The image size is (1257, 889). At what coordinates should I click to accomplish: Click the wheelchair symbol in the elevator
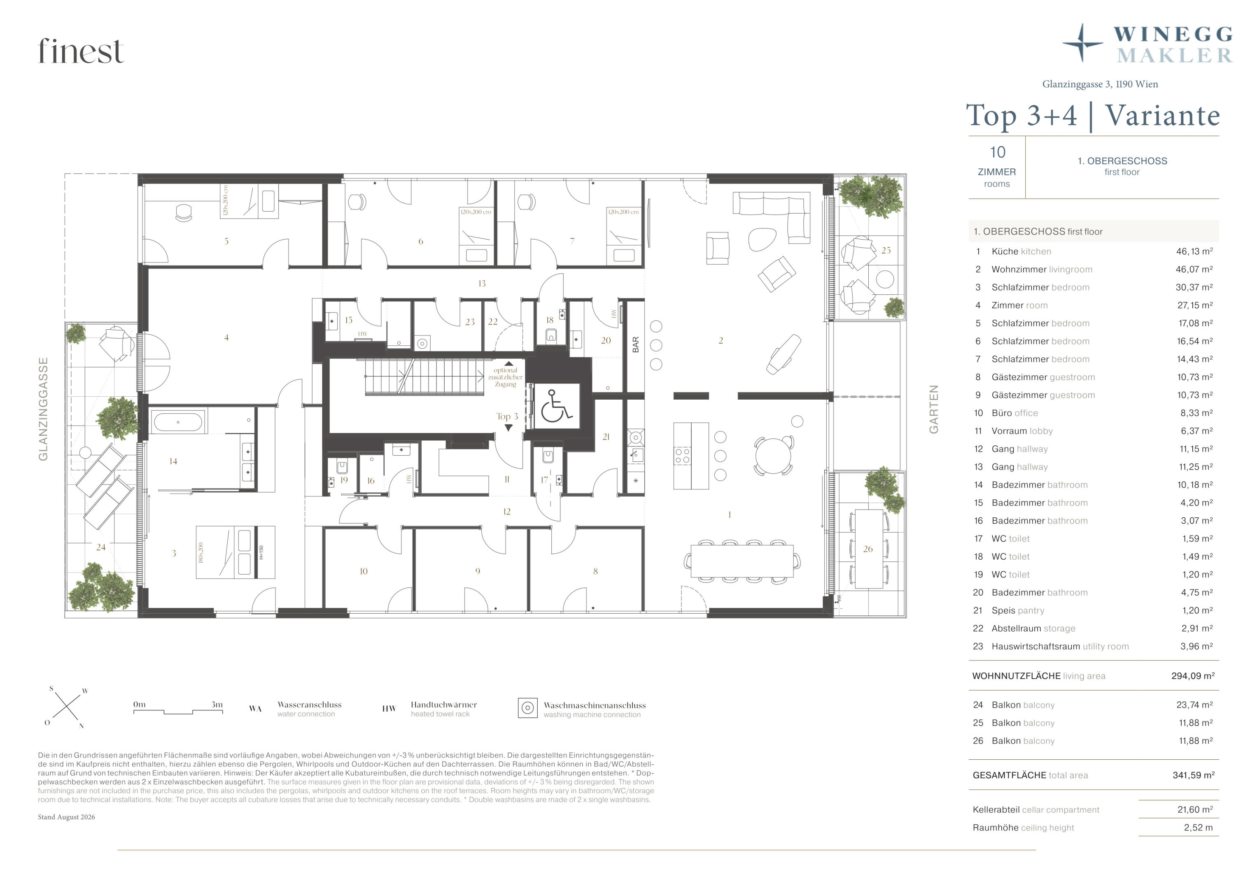coord(557,406)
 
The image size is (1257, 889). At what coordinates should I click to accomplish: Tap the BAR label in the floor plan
coord(635,344)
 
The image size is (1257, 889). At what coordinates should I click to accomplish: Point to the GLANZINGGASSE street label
coord(43,409)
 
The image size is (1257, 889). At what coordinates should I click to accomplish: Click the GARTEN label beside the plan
coord(933,409)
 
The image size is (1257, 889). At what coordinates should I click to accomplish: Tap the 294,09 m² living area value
coord(1193,676)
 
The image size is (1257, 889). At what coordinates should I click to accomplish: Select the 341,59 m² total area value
coord(1194,775)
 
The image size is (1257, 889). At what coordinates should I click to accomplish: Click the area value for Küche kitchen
coord(1194,251)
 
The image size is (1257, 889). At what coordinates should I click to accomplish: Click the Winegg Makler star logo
coord(1082,43)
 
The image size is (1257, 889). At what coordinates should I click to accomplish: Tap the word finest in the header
coord(81,51)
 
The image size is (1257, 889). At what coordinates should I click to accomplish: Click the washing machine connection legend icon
coord(527,708)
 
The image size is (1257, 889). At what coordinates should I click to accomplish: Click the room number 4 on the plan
coord(226,338)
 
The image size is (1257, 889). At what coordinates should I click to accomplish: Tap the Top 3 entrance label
coord(507,417)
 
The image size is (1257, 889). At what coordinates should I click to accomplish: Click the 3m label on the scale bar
coord(217,705)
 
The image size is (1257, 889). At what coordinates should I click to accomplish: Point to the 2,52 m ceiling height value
coord(1198,828)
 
